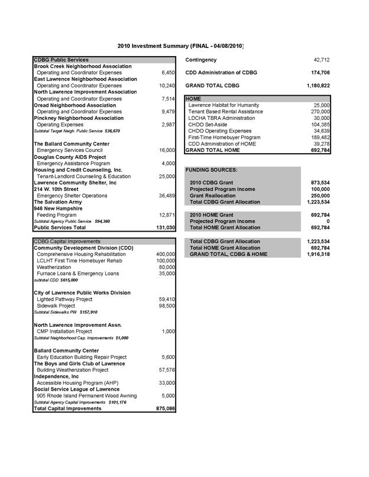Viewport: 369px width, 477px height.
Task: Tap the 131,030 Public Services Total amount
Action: point(164,227)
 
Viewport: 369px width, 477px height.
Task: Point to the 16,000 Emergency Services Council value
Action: point(165,150)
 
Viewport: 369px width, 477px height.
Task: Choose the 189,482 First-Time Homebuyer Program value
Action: point(320,137)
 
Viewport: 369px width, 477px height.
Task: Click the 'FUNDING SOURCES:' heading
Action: point(212,170)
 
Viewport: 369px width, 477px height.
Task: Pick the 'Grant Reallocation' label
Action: point(212,196)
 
